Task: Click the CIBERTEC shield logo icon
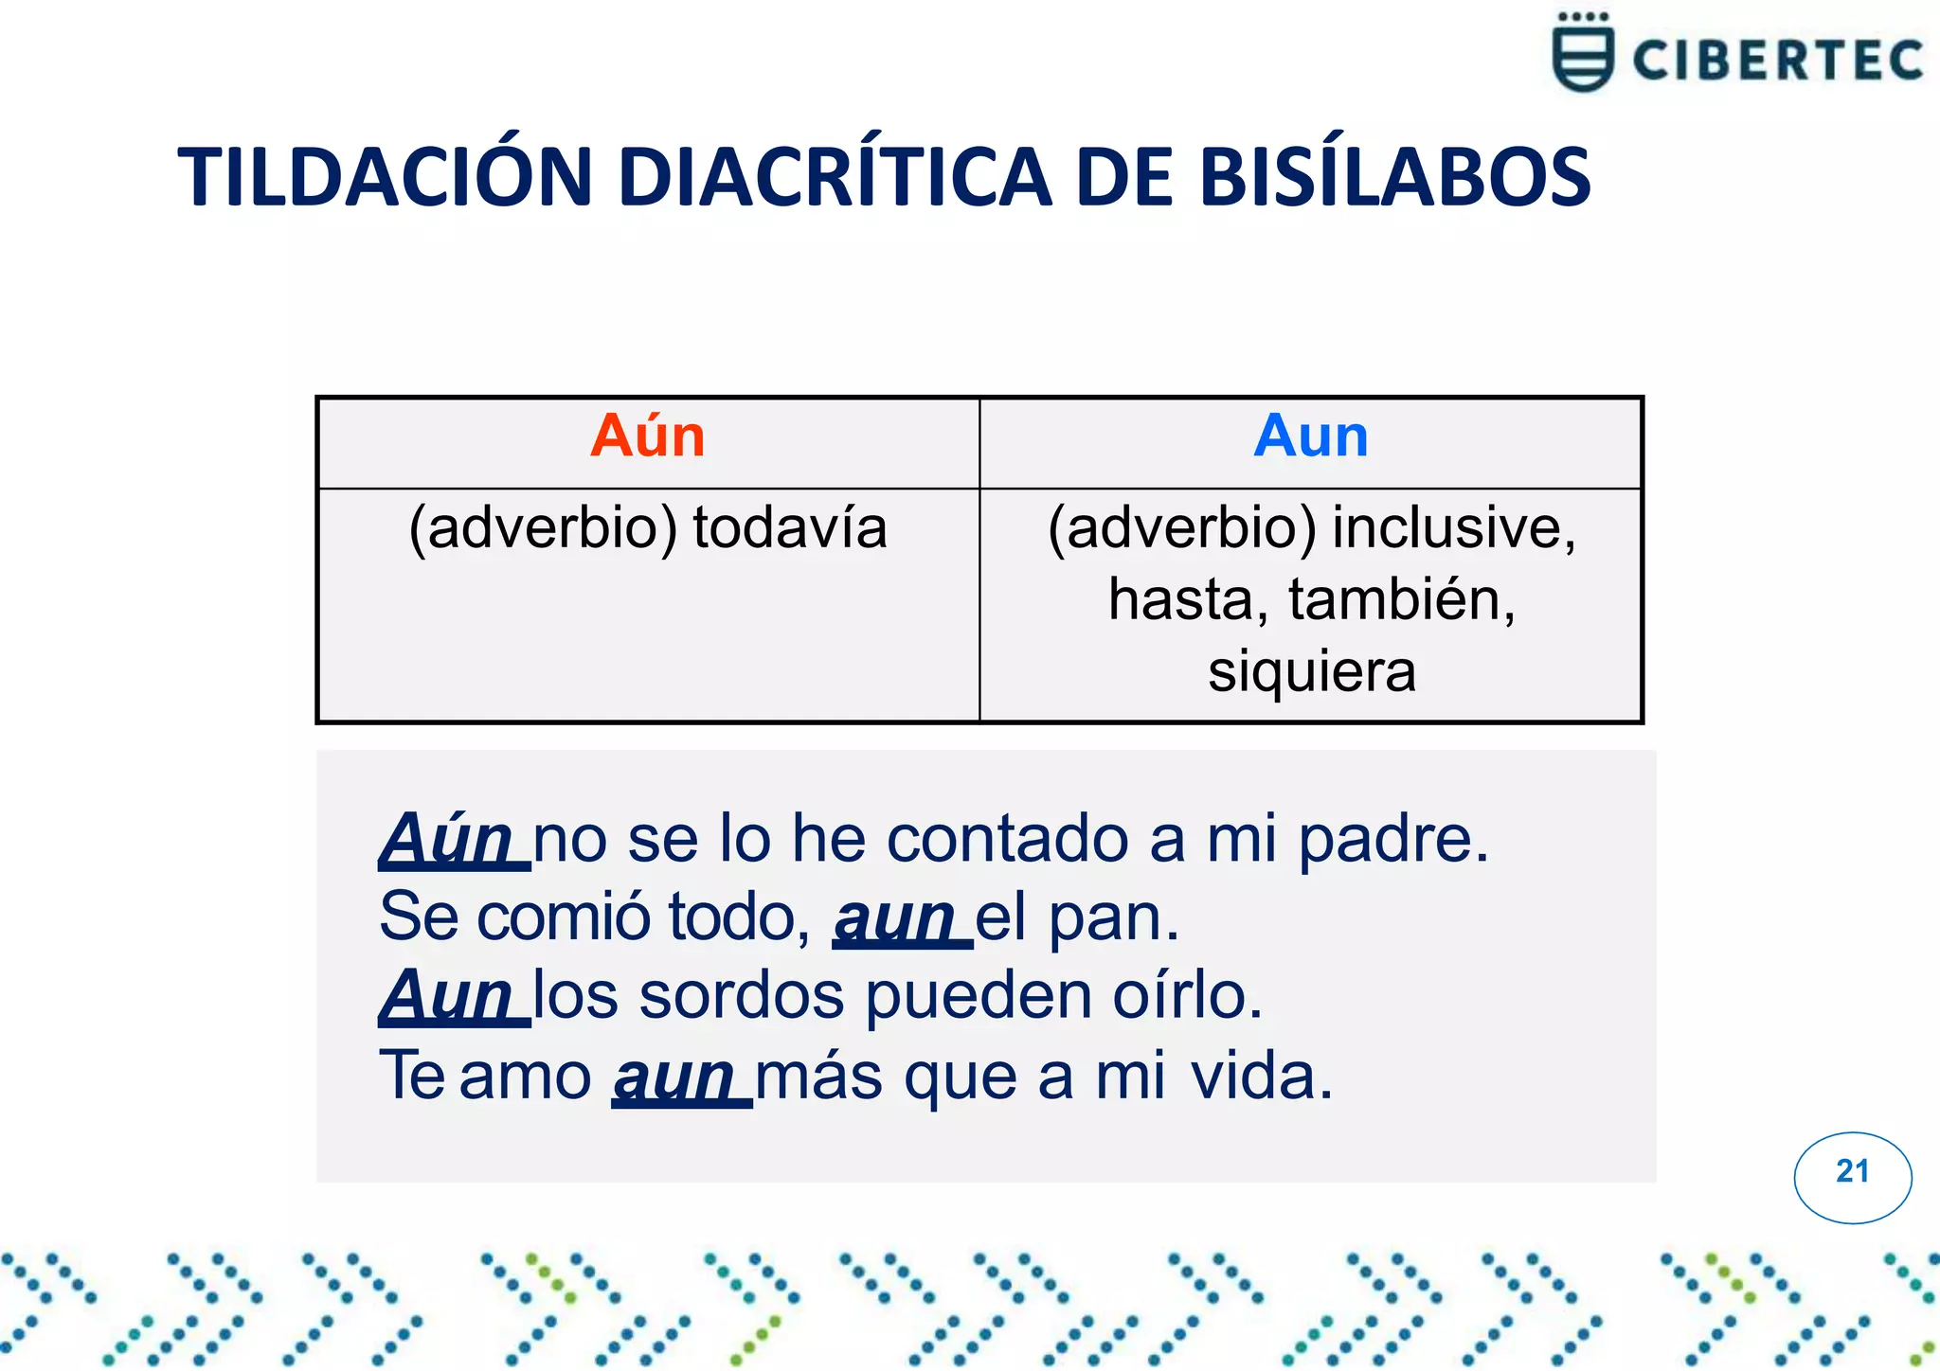tap(1582, 55)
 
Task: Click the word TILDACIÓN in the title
tap(385, 178)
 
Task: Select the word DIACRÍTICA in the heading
tap(835, 178)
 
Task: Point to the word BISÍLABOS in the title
tap(1393, 178)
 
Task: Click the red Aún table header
tap(648, 436)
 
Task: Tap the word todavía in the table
tap(789, 527)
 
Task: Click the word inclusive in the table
tap(1453, 527)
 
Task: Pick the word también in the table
tap(1402, 600)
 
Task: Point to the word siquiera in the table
tap(1311, 671)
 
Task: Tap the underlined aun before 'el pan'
tap(895, 918)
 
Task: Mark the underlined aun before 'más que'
tap(674, 1077)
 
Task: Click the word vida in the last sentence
tap(1260, 1077)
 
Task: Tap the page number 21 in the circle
tap(1852, 1172)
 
